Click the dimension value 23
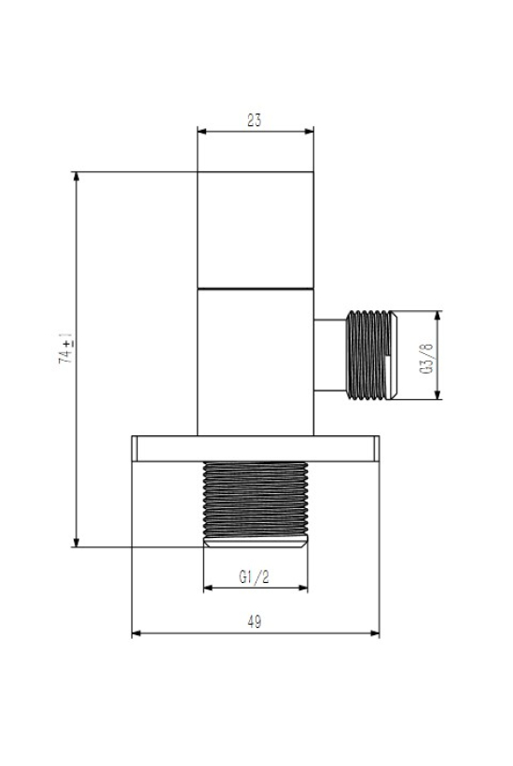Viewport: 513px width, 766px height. coord(254,121)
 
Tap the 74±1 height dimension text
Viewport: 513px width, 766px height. coord(66,348)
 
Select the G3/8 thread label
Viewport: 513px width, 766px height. coord(425,359)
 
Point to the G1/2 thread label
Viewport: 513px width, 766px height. coord(254,577)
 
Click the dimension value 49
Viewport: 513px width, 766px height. coord(254,622)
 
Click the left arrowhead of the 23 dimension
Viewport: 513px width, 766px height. coord(201,131)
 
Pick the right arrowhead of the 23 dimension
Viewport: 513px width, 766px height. coord(309,131)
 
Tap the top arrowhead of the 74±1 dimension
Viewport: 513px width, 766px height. coord(76,177)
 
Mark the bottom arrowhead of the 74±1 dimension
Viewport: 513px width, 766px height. coord(76,542)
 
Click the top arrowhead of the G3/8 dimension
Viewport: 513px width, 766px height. coord(437,316)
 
